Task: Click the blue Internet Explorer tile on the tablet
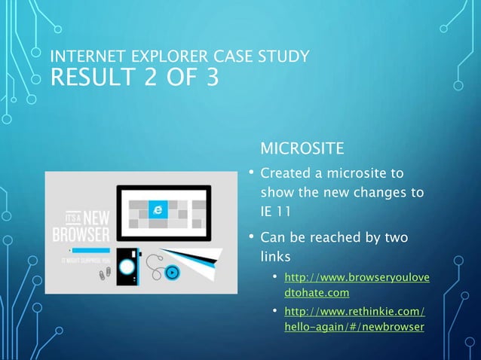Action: click(158, 209)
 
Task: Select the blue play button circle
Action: click(173, 273)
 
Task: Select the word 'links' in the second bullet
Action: click(276, 258)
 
